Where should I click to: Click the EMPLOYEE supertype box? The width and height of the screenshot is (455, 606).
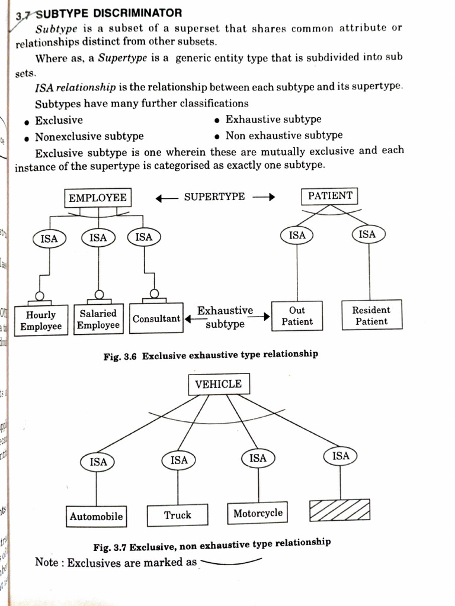point(98,198)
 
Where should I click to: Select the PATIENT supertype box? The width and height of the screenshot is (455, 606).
point(330,196)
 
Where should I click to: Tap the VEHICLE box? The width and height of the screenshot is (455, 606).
point(219,384)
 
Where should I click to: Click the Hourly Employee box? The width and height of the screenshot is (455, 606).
point(41,321)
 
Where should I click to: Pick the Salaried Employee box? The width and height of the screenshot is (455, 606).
point(98,319)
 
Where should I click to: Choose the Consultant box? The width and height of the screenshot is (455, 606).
point(156,319)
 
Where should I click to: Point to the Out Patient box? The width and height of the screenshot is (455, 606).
point(297,316)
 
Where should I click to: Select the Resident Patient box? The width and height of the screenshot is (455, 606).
point(371,315)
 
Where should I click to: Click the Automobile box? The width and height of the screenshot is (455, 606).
point(96,516)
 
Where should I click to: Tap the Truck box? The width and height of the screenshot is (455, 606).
point(178,515)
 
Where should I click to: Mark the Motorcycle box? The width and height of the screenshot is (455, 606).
point(258,513)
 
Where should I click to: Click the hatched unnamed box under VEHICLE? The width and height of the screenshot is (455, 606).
point(339,510)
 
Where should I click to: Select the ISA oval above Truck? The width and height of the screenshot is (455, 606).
point(179,460)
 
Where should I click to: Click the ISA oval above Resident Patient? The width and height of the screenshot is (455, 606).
point(367,234)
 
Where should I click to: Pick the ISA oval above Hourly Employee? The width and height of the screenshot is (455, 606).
point(49,239)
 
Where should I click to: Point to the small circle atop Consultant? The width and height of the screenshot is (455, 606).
point(154,293)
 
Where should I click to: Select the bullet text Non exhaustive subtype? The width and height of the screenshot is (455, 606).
point(284,136)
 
